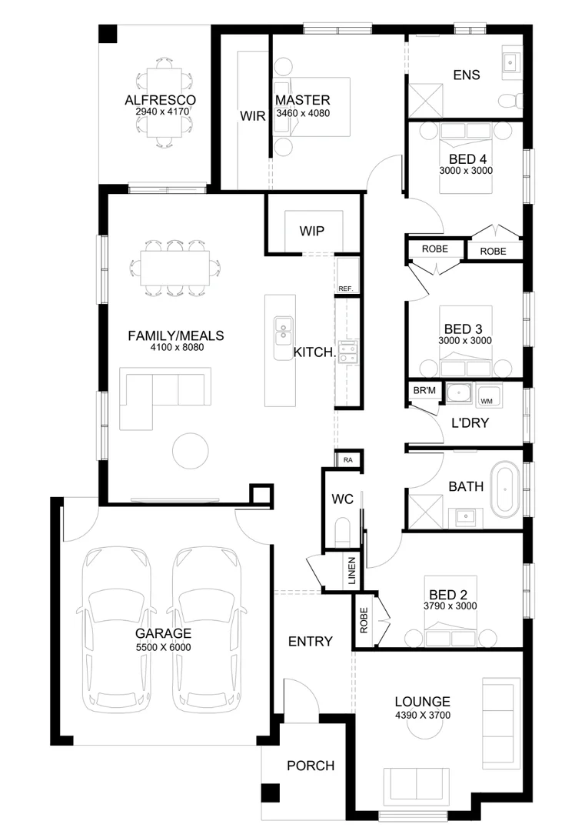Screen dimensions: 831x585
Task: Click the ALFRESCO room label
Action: pos(160,100)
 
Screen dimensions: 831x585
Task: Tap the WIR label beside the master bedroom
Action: pos(252,117)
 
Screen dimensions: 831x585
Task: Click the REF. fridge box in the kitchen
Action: pos(345,289)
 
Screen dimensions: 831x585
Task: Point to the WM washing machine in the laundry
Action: pos(486,401)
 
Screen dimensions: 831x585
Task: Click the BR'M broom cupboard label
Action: pos(424,392)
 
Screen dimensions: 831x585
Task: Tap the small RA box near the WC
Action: pos(348,459)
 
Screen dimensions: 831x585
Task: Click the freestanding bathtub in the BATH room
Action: pos(506,487)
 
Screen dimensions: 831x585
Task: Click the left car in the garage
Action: pos(116,627)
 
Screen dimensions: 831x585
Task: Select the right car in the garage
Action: pos(208,627)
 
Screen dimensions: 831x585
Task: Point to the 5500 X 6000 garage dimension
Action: pos(163,647)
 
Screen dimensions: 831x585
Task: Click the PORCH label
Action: pos(311,766)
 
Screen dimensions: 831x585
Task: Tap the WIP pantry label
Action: pos(312,231)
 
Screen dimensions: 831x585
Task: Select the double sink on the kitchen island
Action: pos(282,329)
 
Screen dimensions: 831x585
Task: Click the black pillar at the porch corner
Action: pos(269,792)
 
